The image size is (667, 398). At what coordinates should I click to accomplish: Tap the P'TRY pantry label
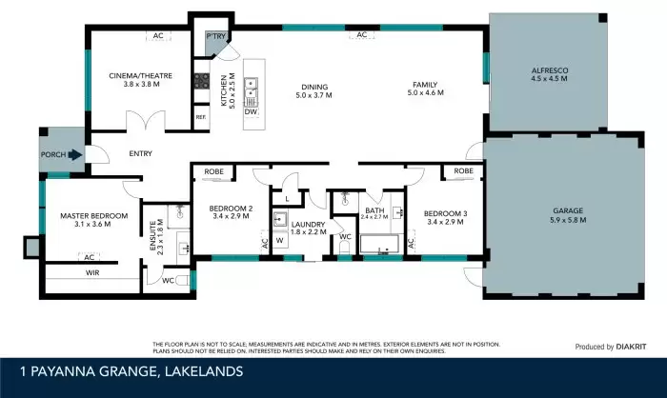(x=214, y=37)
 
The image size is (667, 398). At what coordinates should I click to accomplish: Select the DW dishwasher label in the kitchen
(x=252, y=111)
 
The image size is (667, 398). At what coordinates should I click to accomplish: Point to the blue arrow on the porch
(x=75, y=153)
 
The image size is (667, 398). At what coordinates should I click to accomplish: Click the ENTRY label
(x=114, y=153)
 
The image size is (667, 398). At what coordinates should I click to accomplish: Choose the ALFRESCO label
(x=551, y=71)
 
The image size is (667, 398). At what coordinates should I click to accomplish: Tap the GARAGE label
(x=566, y=210)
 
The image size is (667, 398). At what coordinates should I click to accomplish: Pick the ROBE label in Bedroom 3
(x=463, y=171)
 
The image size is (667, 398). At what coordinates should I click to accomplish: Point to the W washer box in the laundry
(x=280, y=240)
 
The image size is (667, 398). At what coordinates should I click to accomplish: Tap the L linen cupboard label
(x=288, y=198)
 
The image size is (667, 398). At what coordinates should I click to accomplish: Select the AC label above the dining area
(x=362, y=35)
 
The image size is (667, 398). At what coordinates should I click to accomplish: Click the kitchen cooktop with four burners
(x=202, y=82)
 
